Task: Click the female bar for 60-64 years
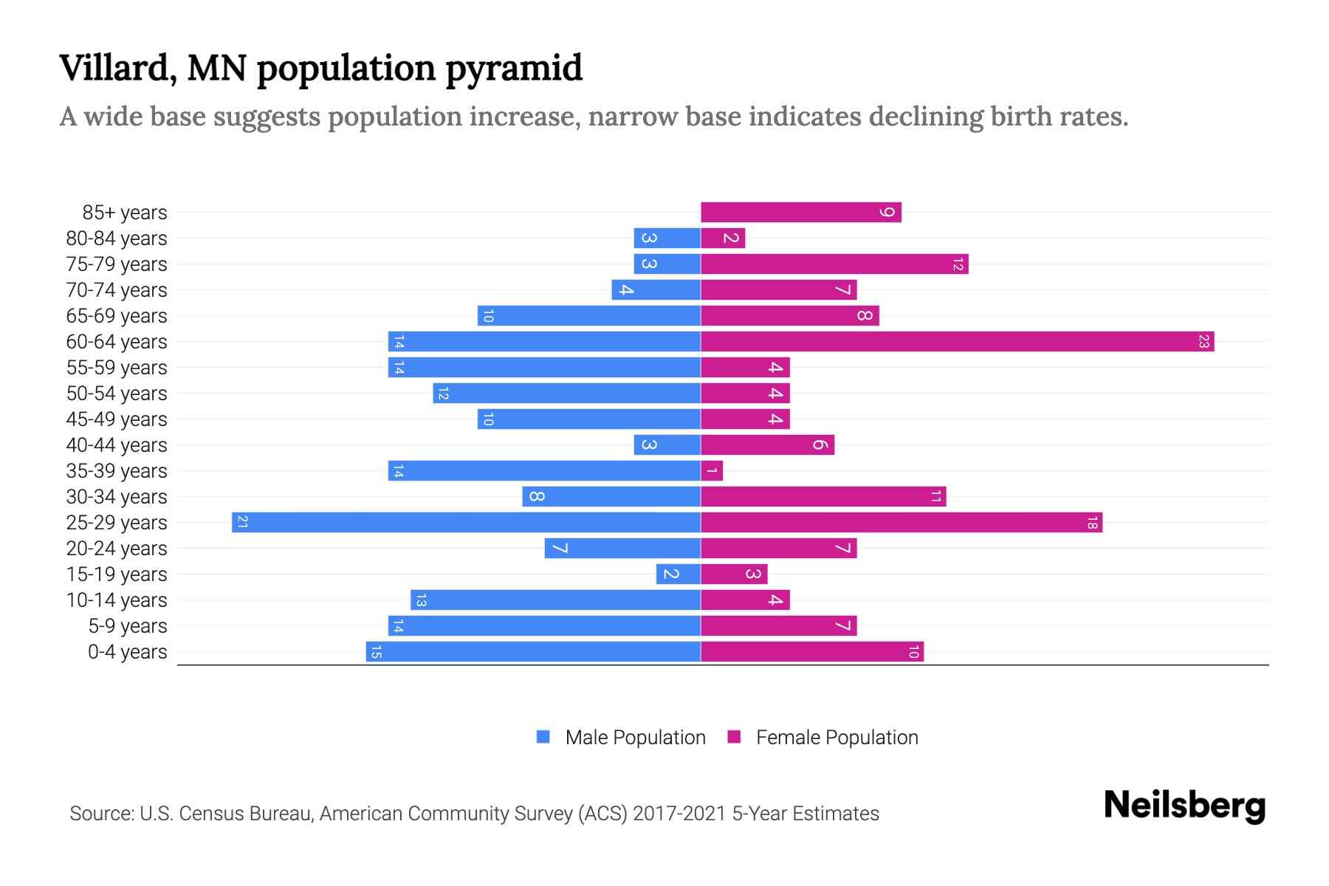click(957, 342)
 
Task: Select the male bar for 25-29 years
click(466, 523)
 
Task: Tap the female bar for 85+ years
click(801, 213)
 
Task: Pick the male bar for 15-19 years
click(678, 574)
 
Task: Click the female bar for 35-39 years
click(712, 471)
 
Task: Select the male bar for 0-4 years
click(533, 652)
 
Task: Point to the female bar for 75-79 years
click(834, 264)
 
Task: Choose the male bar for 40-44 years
click(667, 445)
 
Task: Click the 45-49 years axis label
click(117, 419)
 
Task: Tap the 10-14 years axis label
click(117, 600)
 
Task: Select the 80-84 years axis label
click(117, 238)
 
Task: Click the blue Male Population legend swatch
click(543, 737)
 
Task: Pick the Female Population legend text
click(837, 738)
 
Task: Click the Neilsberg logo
click(1184, 806)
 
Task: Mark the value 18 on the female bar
click(1092, 523)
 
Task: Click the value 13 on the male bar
click(421, 600)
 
